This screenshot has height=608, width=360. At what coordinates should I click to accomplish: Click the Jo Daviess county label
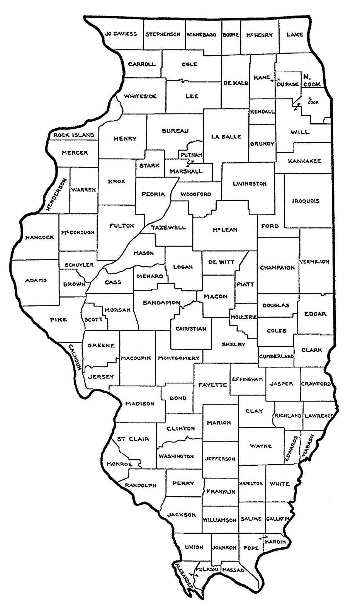(121, 34)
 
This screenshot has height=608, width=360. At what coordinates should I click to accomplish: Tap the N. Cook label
(311, 80)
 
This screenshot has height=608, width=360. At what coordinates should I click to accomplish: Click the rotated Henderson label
(56, 194)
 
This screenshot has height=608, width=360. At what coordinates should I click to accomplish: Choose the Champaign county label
(277, 267)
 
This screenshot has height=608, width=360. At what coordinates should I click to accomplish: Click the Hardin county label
(275, 542)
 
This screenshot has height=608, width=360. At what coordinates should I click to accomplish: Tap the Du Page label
(287, 84)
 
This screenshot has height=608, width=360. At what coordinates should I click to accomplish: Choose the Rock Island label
(73, 135)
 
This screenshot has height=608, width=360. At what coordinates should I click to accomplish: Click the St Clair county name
(133, 439)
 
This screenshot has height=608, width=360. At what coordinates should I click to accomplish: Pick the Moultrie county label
(243, 317)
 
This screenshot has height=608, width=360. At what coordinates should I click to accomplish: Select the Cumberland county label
(276, 356)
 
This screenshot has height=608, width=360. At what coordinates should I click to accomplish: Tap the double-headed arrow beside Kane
(275, 80)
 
